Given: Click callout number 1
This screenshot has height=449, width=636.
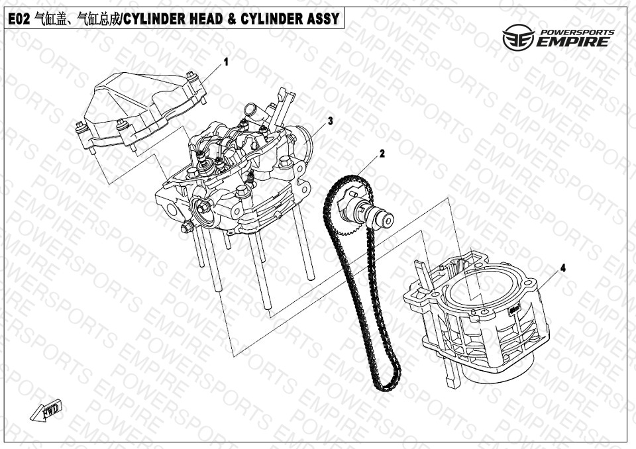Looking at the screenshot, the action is pyautogui.click(x=227, y=62).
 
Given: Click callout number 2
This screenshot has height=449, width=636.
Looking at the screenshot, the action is pyautogui.click(x=382, y=154).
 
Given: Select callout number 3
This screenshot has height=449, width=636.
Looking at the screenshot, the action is pyautogui.click(x=331, y=121).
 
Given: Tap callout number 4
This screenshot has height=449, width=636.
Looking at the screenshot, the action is pyautogui.click(x=562, y=268).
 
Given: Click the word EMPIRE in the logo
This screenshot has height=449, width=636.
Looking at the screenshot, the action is pyautogui.click(x=572, y=42).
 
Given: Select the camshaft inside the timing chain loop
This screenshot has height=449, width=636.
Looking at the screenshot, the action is pyautogui.click(x=365, y=209).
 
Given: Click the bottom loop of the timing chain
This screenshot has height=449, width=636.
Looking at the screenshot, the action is pyautogui.click(x=386, y=383).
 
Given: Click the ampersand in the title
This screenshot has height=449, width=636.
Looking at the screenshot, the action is pyautogui.click(x=231, y=19).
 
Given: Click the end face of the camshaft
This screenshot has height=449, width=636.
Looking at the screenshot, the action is pyautogui.click(x=388, y=221).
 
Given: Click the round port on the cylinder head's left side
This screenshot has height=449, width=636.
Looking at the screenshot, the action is pyautogui.click(x=202, y=210).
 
